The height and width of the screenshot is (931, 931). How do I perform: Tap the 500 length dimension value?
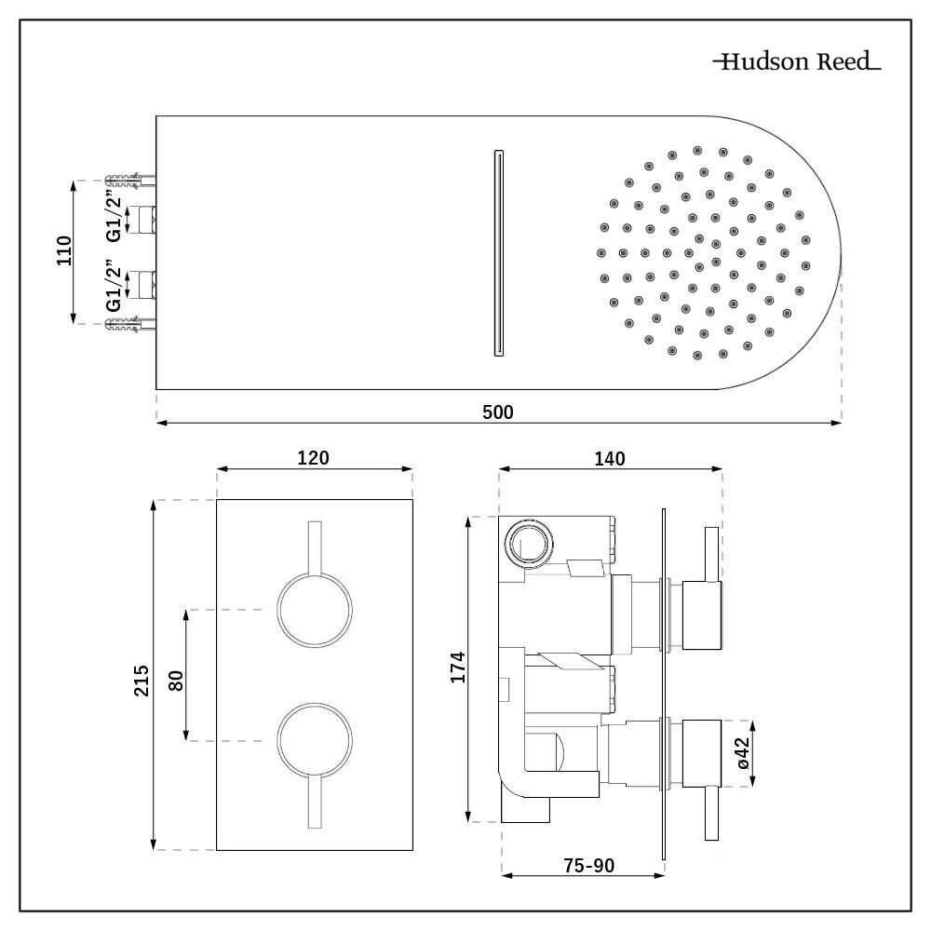point(498,411)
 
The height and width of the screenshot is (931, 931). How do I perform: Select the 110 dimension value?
point(64,251)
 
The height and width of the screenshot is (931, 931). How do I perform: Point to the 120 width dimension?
point(314,457)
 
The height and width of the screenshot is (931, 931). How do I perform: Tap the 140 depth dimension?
point(610,457)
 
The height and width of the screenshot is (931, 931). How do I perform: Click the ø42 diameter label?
point(742,752)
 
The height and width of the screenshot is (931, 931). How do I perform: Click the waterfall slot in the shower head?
point(498,251)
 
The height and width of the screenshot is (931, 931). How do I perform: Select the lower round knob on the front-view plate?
point(315,741)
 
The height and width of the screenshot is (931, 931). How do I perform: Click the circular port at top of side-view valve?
point(527,542)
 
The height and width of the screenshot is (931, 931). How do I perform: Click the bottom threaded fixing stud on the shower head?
point(130,325)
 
